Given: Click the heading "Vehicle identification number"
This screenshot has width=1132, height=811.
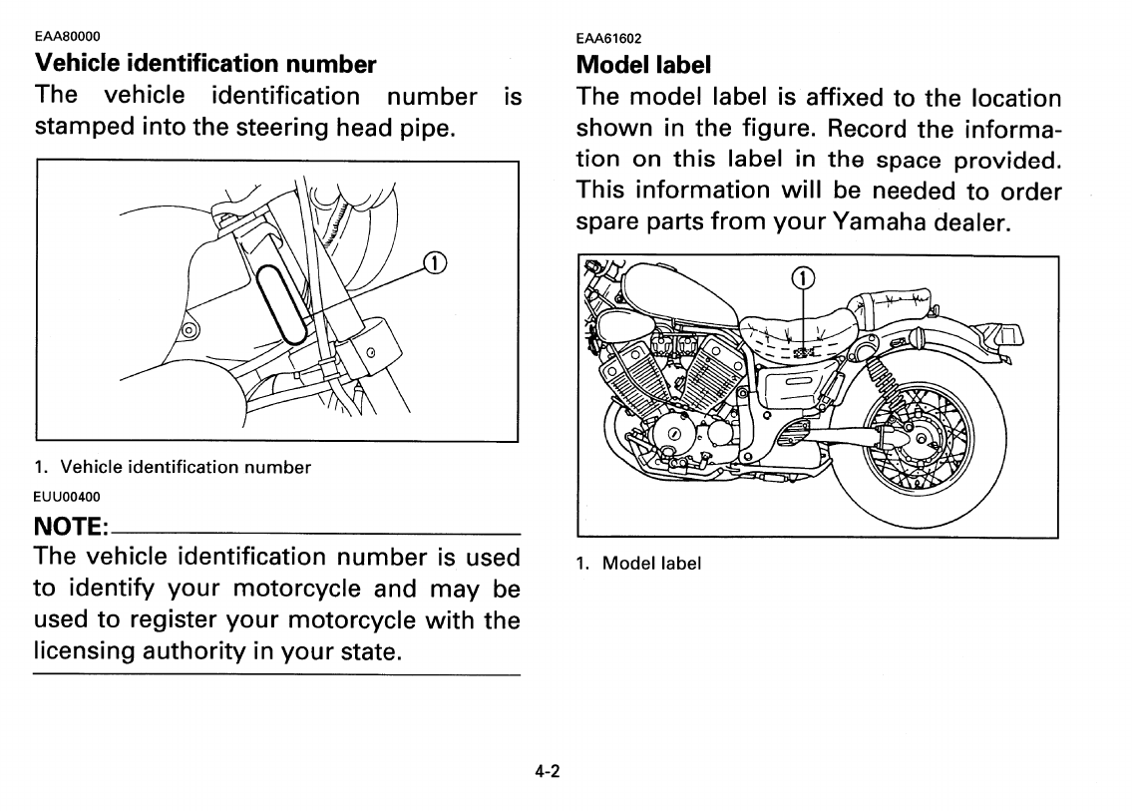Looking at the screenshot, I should pos(205,64).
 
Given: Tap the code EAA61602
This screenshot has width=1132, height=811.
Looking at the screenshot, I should pos(608,39).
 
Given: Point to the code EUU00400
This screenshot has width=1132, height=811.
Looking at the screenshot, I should pos(67,495).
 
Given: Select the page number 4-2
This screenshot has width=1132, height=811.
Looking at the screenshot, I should pos(547,771).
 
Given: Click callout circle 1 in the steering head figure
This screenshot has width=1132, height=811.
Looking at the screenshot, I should pos(435,263).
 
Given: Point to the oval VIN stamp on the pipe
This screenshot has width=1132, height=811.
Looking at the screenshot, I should pos(282,304).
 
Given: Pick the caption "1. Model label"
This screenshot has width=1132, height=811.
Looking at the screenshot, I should pos(638,563).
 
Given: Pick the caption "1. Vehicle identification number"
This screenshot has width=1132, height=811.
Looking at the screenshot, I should pos(173,467).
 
